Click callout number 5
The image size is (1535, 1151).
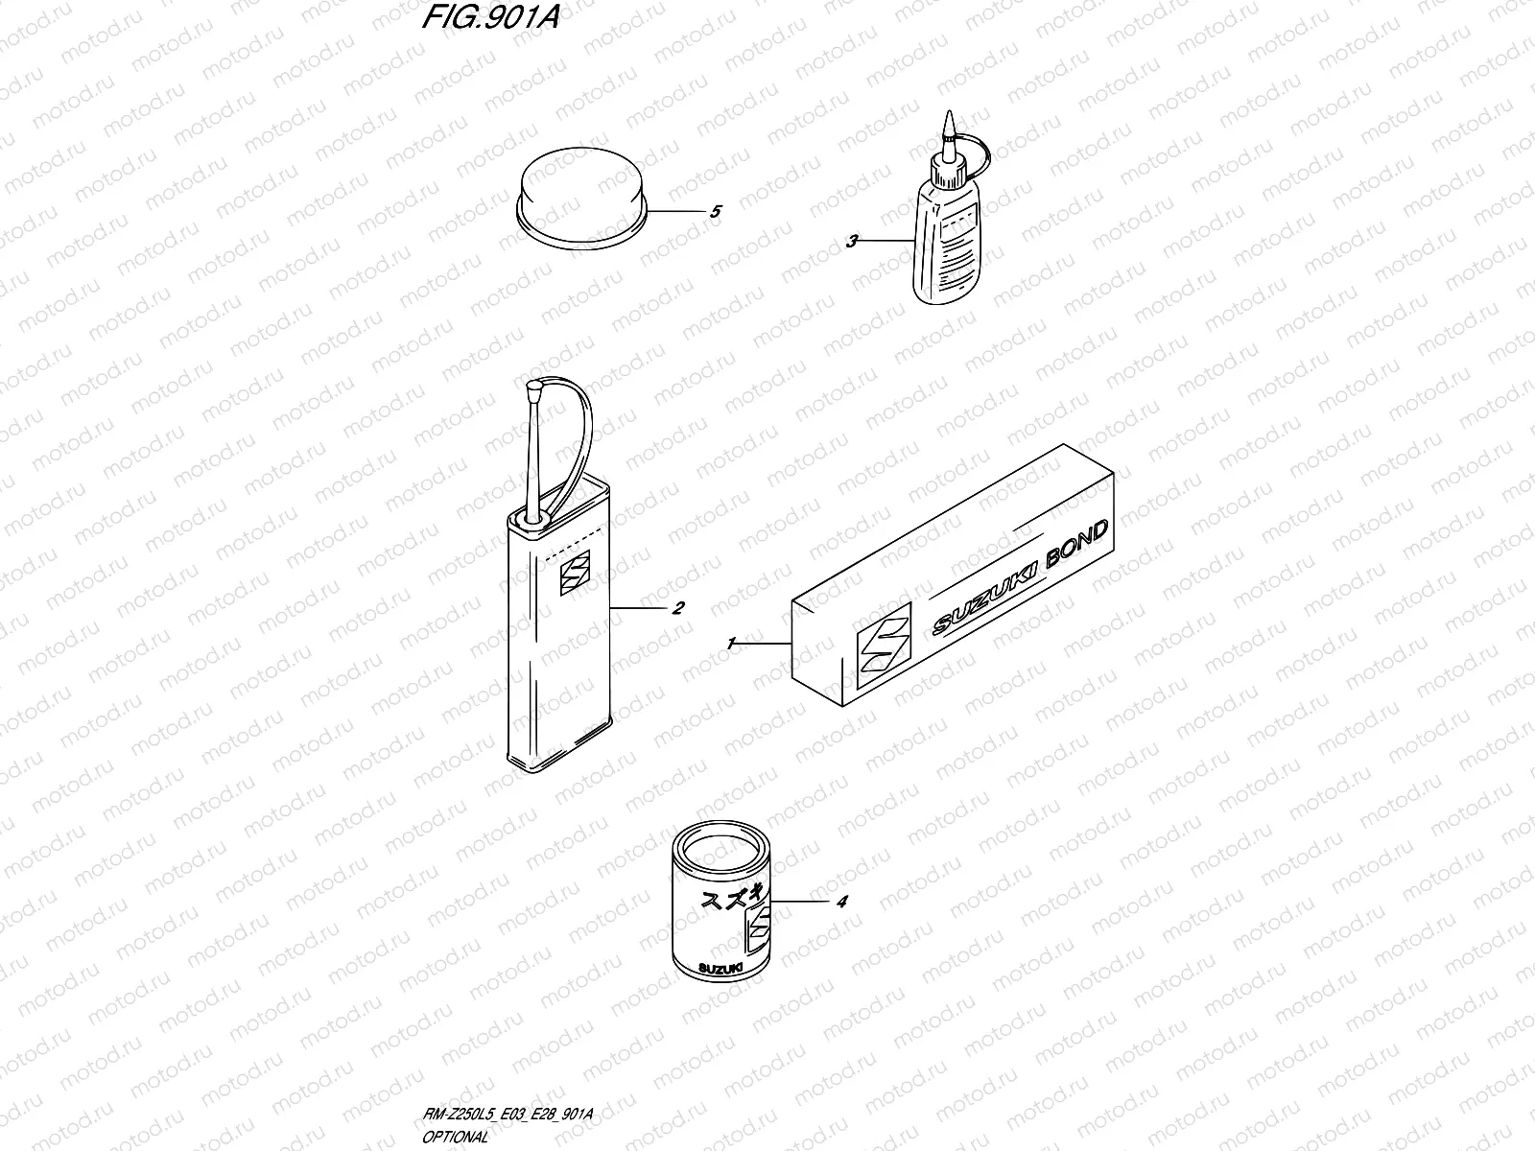pyautogui.click(x=716, y=212)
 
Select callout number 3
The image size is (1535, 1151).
pyautogui.click(x=851, y=242)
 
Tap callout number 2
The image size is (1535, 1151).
pyautogui.click(x=677, y=608)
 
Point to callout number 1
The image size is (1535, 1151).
pyautogui.click(x=731, y=645)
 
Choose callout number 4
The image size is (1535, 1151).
pyautogui.click(x=841, y=903)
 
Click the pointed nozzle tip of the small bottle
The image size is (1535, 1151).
pyautogui.click(x=948, y=125)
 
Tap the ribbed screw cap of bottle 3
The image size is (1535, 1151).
pyautogui.click(x=951, y=170)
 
